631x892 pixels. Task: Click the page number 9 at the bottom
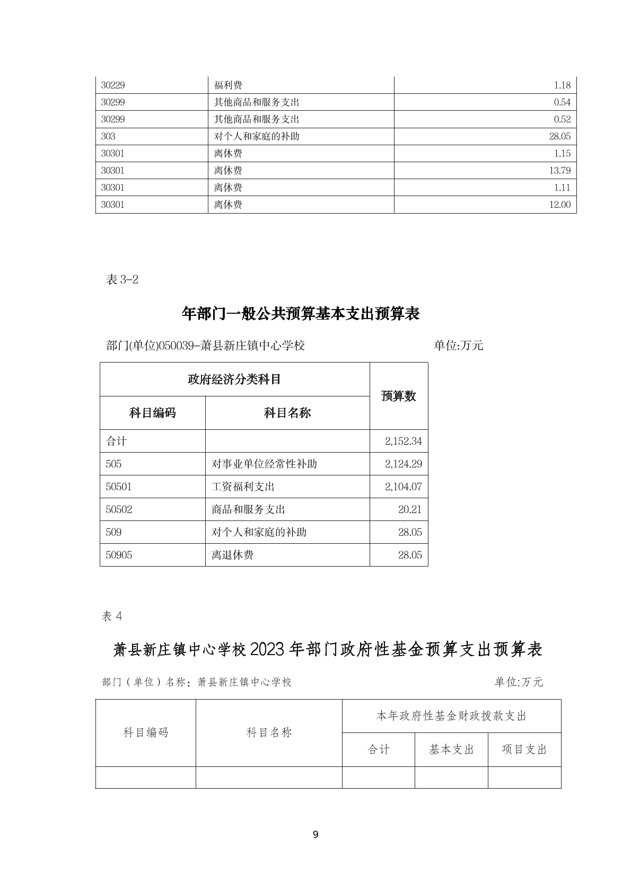pyautogui.click(x=315, y=835)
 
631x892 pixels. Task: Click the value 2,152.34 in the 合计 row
pyautogui.click(x=404, y=441)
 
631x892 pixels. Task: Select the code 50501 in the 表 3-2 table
pyautogui.click(x=119, y=487)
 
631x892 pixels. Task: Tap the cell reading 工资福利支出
pyautogui.click(x=243, y=487)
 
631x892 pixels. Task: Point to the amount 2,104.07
pyautogui.click(x=404, y=487)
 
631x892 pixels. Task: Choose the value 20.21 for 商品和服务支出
pyautogui.click(x=410, y=509)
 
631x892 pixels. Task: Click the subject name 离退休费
pyautogui.click(x=232, y=555)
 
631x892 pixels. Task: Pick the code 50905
pyautogui.click(x=119, y=555)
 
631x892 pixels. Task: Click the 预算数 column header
pyautogui.click(x=399, y=396)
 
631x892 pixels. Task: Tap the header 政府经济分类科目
pyautogui.click(x=234, y=379)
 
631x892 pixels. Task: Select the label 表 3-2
pyautogui.click(x=122, y=280)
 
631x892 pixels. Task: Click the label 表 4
pyautogui.click(x=112, y=616)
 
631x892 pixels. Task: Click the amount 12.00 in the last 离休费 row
pyautogui.click(x=560, y=205)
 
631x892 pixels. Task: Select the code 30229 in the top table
pyautogui.click(x=113, y=85)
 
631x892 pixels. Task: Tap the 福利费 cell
pyautogui.click(x=228, y=85)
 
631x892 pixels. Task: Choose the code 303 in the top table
pyautogui.click(x=108, y=136)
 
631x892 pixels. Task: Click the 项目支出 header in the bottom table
pyautogui.click(x=524, y=749)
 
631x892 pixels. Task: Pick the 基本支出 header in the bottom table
pyautogui.click(x=451, y=749)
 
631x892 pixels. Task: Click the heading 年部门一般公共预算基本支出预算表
pyautogui.click(x=301, y=314)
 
